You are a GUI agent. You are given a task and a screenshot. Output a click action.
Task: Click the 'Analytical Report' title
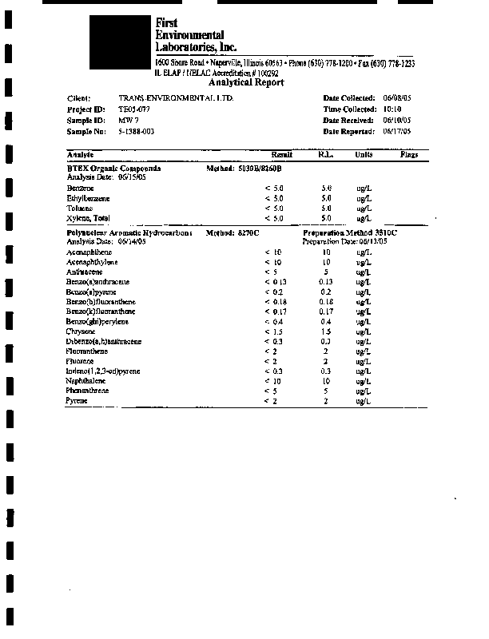coord(245,83)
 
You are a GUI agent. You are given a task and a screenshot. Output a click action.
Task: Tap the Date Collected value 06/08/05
coord(397,97)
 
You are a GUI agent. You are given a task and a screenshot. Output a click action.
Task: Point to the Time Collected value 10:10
coord(392,109)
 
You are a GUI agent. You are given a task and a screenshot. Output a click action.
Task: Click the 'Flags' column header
coord(409,154)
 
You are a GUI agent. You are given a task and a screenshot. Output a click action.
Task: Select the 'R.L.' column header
coord(325,154)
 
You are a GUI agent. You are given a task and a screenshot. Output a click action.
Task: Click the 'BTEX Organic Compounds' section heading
coord(113,169)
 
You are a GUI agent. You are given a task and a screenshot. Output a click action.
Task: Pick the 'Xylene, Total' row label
coord(88,218)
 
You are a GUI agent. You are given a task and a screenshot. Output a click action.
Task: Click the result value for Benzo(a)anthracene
coord(274,282)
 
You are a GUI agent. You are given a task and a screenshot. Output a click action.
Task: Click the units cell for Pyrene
coord(364,401)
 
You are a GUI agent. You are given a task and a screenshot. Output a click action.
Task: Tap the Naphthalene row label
coord(86,381)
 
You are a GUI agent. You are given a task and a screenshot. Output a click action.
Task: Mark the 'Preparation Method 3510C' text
coord(350,232)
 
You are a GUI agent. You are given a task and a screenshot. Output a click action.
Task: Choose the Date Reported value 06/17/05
coord(397,131)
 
